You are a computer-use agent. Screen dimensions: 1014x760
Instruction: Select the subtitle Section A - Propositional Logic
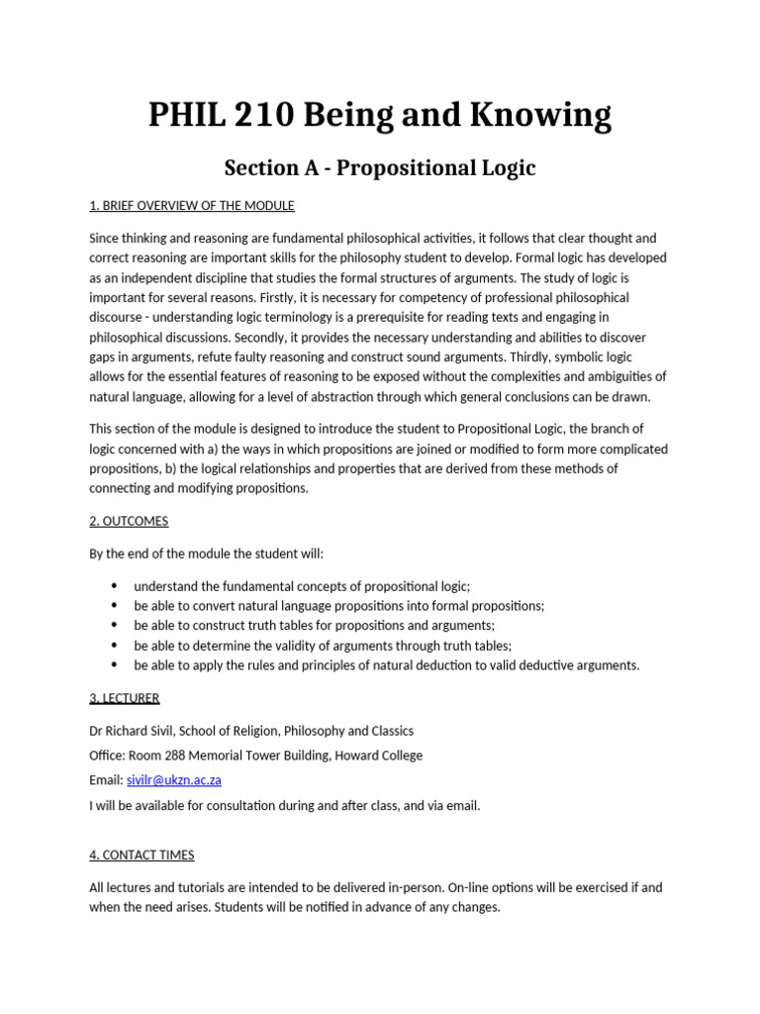(380, 167)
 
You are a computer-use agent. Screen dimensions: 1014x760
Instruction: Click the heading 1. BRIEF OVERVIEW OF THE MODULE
(192, 206)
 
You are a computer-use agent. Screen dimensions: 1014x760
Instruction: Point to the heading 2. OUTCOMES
(129, 521)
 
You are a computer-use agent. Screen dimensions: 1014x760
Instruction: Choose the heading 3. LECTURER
(124, 698)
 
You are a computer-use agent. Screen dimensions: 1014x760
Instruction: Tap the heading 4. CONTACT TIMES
(142, 855)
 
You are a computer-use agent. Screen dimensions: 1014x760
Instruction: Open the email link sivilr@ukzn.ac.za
(173, 780)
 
